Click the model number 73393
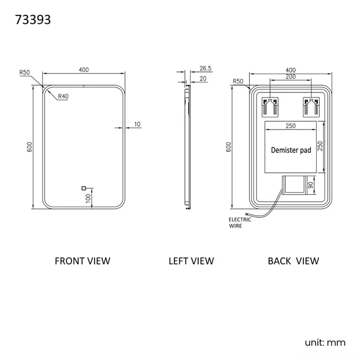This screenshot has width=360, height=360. [x=33, y=20]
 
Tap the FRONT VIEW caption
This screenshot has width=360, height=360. [x=83, y=261]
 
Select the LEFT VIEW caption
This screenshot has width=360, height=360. [x=191, y=261]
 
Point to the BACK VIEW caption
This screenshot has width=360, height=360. [x=294, y=261]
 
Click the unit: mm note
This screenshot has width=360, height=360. [x=325, y=342]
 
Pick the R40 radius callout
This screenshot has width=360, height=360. [x=63, y=96]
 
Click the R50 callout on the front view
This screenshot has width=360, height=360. [x=24, y=73]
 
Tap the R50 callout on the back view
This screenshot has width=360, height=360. [x=238, y=81]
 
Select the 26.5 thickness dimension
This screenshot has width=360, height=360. [x=205, y=68]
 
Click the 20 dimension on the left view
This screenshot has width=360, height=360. [x=203, y=79]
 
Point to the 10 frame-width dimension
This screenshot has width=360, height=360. [x=137, y=124]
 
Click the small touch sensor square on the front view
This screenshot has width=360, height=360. [x=84, y=188]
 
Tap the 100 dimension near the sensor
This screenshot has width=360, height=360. [x=88, y=198]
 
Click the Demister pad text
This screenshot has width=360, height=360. [x=291, y=150]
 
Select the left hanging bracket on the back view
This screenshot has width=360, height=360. [x=270, y=107]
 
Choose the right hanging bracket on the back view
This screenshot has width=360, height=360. [x=311, y=107]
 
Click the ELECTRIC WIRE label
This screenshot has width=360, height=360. [x=240, y=223]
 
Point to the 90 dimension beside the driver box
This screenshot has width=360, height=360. [x=311, y=185]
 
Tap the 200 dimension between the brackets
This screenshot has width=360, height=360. [x=291, y=76]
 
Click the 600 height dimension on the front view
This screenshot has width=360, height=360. [x=29, y=147]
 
